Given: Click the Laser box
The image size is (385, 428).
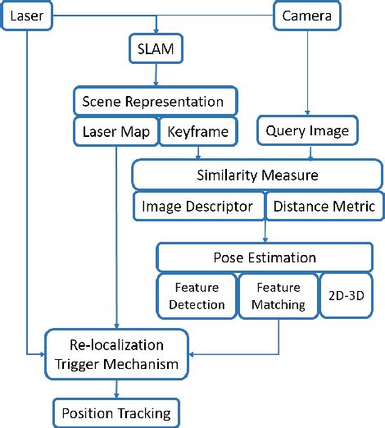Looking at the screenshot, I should coord(28,15).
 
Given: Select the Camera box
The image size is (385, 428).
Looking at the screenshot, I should coord(309,15).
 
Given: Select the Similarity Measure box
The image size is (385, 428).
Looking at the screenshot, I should coord(256,175).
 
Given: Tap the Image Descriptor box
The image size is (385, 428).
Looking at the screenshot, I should coord(198,206).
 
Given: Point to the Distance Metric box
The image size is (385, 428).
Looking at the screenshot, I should coord(324,206).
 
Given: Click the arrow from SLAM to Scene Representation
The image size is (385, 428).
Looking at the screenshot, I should coord(156,75).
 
